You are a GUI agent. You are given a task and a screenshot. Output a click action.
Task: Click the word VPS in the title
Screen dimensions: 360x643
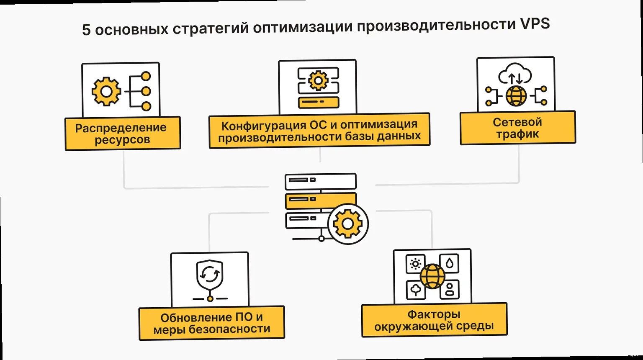click(535, 24)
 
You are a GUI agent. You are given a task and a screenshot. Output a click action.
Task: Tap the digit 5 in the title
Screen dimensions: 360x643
click(86, 30)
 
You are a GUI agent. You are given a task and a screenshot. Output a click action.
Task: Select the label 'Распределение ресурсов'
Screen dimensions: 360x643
click(122, 134)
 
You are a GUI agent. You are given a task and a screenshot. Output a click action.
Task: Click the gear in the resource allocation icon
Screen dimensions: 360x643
click(106, 91)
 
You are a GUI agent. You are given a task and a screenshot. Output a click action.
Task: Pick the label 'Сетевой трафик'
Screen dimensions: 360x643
click(517, 128)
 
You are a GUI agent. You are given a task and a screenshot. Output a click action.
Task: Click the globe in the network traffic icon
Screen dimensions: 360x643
click(516, 96)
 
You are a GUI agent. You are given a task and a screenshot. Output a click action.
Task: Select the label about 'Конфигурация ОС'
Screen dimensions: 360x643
click(319, 131)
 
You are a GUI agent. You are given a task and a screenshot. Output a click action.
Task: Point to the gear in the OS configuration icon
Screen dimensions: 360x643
click(318, 80)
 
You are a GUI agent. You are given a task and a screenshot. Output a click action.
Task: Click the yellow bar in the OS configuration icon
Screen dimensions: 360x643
click(318, 102)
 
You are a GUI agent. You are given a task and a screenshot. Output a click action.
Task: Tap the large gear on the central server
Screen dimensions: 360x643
click(347, 224)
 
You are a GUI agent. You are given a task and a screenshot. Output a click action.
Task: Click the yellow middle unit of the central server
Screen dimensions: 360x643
click(320, 200)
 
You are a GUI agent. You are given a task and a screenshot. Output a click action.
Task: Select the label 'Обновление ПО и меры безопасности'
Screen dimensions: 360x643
click(211, 323)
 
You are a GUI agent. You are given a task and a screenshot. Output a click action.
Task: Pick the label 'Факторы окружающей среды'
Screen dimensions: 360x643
click(434, 320)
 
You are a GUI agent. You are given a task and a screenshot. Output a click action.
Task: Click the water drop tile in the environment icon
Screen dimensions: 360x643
click(450, 263)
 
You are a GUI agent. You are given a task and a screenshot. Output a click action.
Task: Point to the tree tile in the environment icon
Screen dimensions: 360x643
click(416, 290)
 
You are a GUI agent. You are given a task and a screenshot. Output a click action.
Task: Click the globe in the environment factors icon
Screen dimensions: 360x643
click(432, 276)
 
